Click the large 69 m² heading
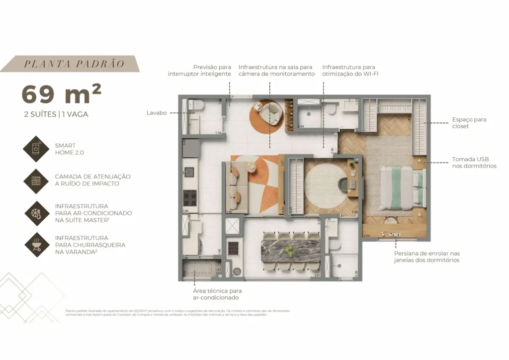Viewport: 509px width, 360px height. click(x=62, y=94)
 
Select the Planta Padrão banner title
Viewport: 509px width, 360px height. click(x=74, y=64)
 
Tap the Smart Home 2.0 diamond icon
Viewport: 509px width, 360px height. click(x=36, y=149)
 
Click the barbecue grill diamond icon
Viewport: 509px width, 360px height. click(x=36, y=244)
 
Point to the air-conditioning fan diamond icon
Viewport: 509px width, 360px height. click(x=36, y=213)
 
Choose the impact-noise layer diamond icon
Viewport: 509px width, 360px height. click(x=36, y=180)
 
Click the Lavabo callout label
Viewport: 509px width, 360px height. click(x=157, y=113)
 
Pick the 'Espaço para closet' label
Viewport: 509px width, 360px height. click(x=469, y=123)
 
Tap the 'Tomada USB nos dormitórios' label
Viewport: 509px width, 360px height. click(x=474, y=163)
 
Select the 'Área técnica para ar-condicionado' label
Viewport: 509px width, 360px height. click(x=217, y=294)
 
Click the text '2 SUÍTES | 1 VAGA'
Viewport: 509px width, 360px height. click(x=56, y=114)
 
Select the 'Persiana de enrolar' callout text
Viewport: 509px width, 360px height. click(x=426, y=257)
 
